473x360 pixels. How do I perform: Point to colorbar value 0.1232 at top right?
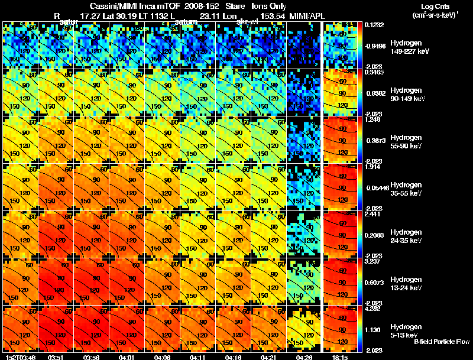pyautogui.click(x=374, y=25)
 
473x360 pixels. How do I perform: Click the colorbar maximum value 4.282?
pyautogui.click(x=374, y=308)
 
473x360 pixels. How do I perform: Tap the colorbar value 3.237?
pyautogui.click(x=374, y=261)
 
